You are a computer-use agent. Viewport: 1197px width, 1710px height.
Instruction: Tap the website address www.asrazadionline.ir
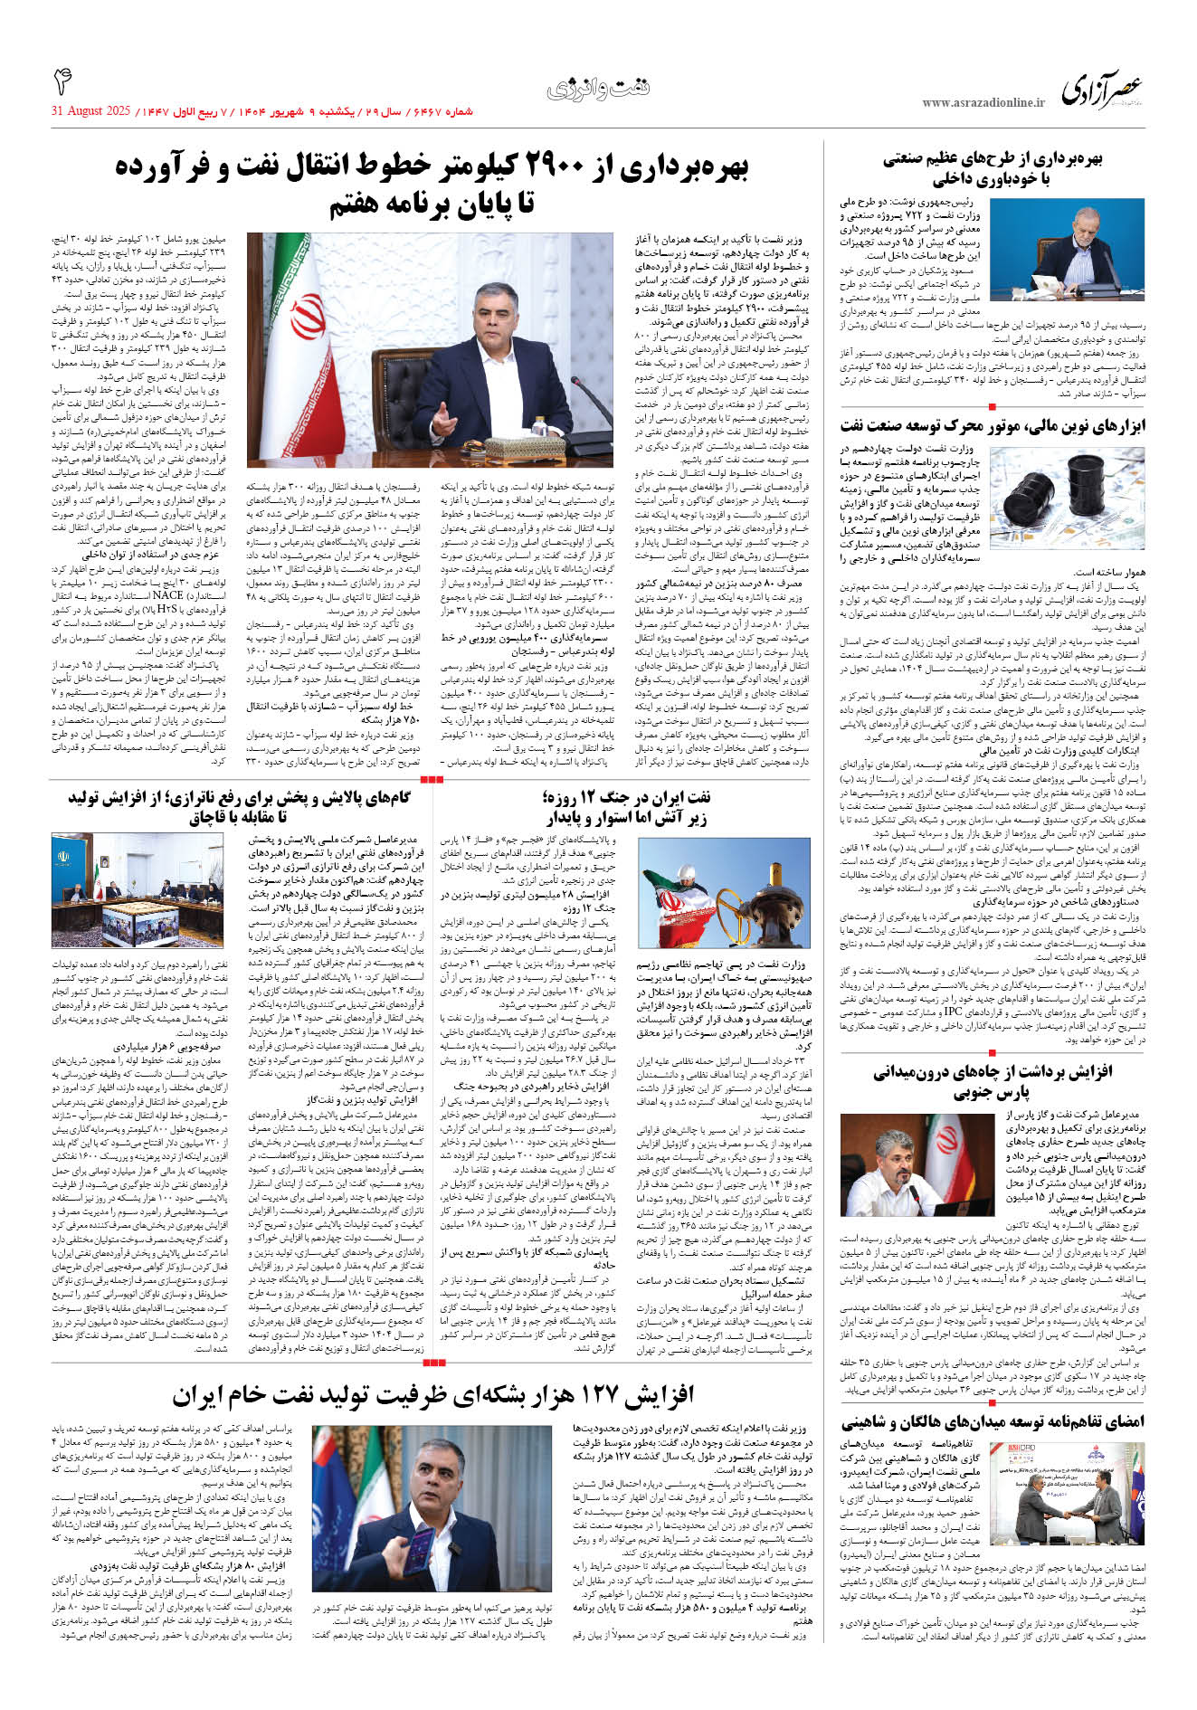coord(983,102)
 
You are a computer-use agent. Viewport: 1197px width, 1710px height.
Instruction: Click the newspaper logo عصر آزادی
coord(1101,90)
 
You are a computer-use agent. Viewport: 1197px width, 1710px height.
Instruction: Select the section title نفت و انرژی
coord(598,88)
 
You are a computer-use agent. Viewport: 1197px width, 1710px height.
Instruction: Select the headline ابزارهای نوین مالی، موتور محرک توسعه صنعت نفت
coord(993,425)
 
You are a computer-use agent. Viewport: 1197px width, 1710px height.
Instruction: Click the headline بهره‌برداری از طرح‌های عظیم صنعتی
coord(993,159)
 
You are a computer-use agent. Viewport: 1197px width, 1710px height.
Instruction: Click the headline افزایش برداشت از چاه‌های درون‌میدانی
coord(993,1072)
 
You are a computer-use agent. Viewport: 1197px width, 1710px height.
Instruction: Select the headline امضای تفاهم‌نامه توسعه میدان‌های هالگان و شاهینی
coord(993,1421)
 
